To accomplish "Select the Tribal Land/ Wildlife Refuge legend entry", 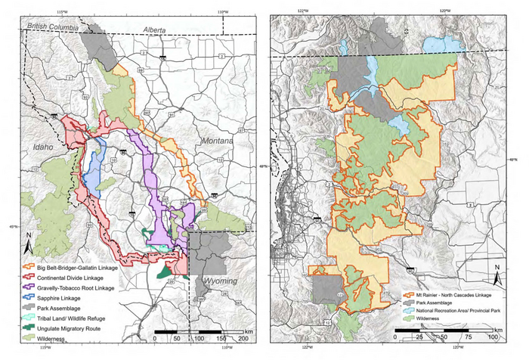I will click(76, 319).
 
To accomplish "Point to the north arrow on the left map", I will click(28, 244).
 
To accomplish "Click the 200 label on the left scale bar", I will click(244, 340).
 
